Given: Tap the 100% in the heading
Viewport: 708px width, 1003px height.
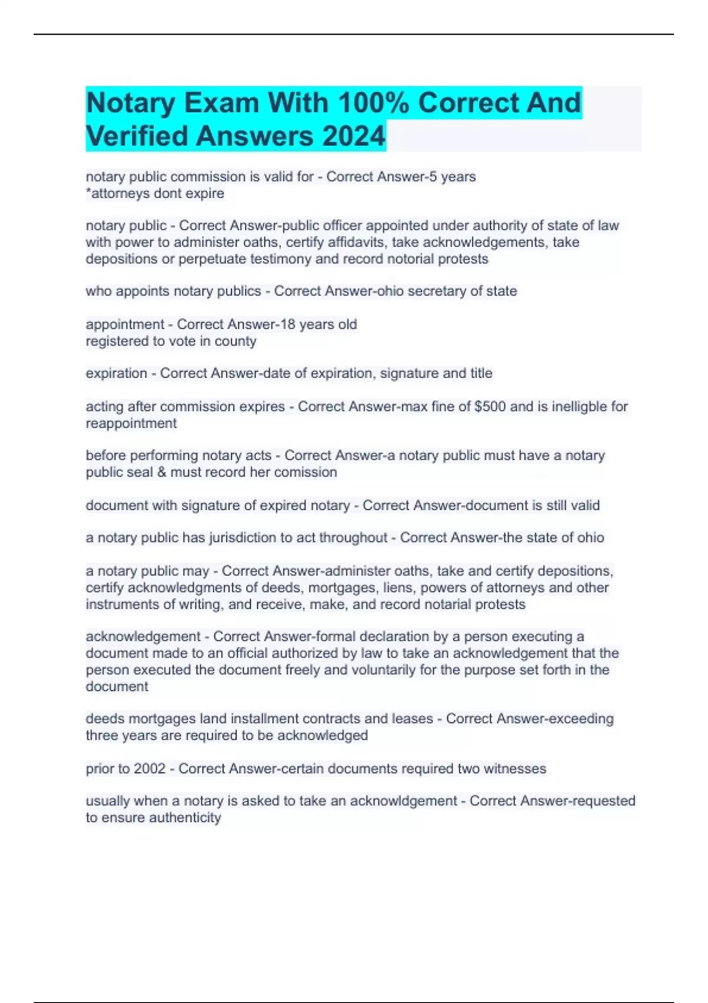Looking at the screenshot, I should click(373, 103).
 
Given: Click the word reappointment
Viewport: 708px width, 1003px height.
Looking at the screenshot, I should click(131, 423).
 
